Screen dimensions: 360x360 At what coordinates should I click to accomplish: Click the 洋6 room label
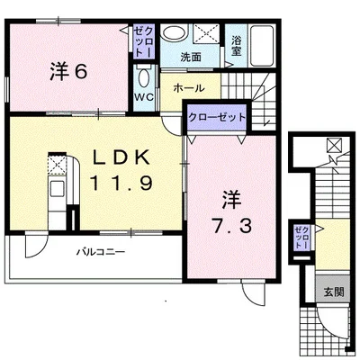(68, 71)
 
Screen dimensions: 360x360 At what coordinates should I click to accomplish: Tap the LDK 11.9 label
(121, 170)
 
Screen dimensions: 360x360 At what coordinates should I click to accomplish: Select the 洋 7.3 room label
(231, 213)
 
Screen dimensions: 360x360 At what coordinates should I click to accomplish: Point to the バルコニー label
(100, 251)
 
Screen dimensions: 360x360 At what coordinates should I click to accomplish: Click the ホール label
(189, 88)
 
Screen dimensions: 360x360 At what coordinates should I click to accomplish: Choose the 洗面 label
(191, 57)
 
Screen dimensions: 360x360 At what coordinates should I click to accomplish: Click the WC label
(144, 97)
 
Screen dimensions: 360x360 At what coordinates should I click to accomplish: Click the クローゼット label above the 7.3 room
(217, 117)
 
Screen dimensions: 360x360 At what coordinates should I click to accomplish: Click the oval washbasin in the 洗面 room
(172, 33)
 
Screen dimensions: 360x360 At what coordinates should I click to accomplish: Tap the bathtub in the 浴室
(262, 46)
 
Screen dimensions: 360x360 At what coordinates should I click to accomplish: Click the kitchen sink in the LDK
(57, 188)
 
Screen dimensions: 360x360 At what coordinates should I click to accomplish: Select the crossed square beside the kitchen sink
(57, 165)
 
